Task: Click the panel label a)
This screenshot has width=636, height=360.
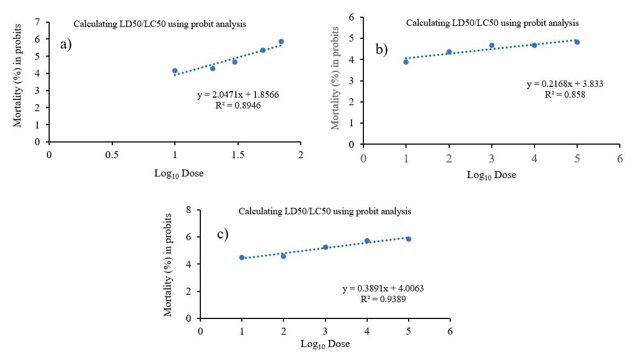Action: point(66,45)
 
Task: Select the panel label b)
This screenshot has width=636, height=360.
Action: point(382,50)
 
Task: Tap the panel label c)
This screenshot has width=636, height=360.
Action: point(222,234)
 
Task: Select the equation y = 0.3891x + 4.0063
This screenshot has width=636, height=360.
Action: point(383,289)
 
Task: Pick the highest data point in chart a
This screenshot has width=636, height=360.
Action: point(281,42)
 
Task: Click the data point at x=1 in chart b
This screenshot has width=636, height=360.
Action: point(406,62)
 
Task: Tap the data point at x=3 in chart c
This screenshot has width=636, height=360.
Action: point(326,247)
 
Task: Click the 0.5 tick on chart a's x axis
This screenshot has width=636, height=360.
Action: point(112,154)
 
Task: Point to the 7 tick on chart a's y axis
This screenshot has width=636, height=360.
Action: point(37,22)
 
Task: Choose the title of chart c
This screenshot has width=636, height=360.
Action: point(325,211)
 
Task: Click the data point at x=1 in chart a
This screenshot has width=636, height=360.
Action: point(175,71)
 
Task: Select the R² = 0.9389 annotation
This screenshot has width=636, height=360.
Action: point(382,299)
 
